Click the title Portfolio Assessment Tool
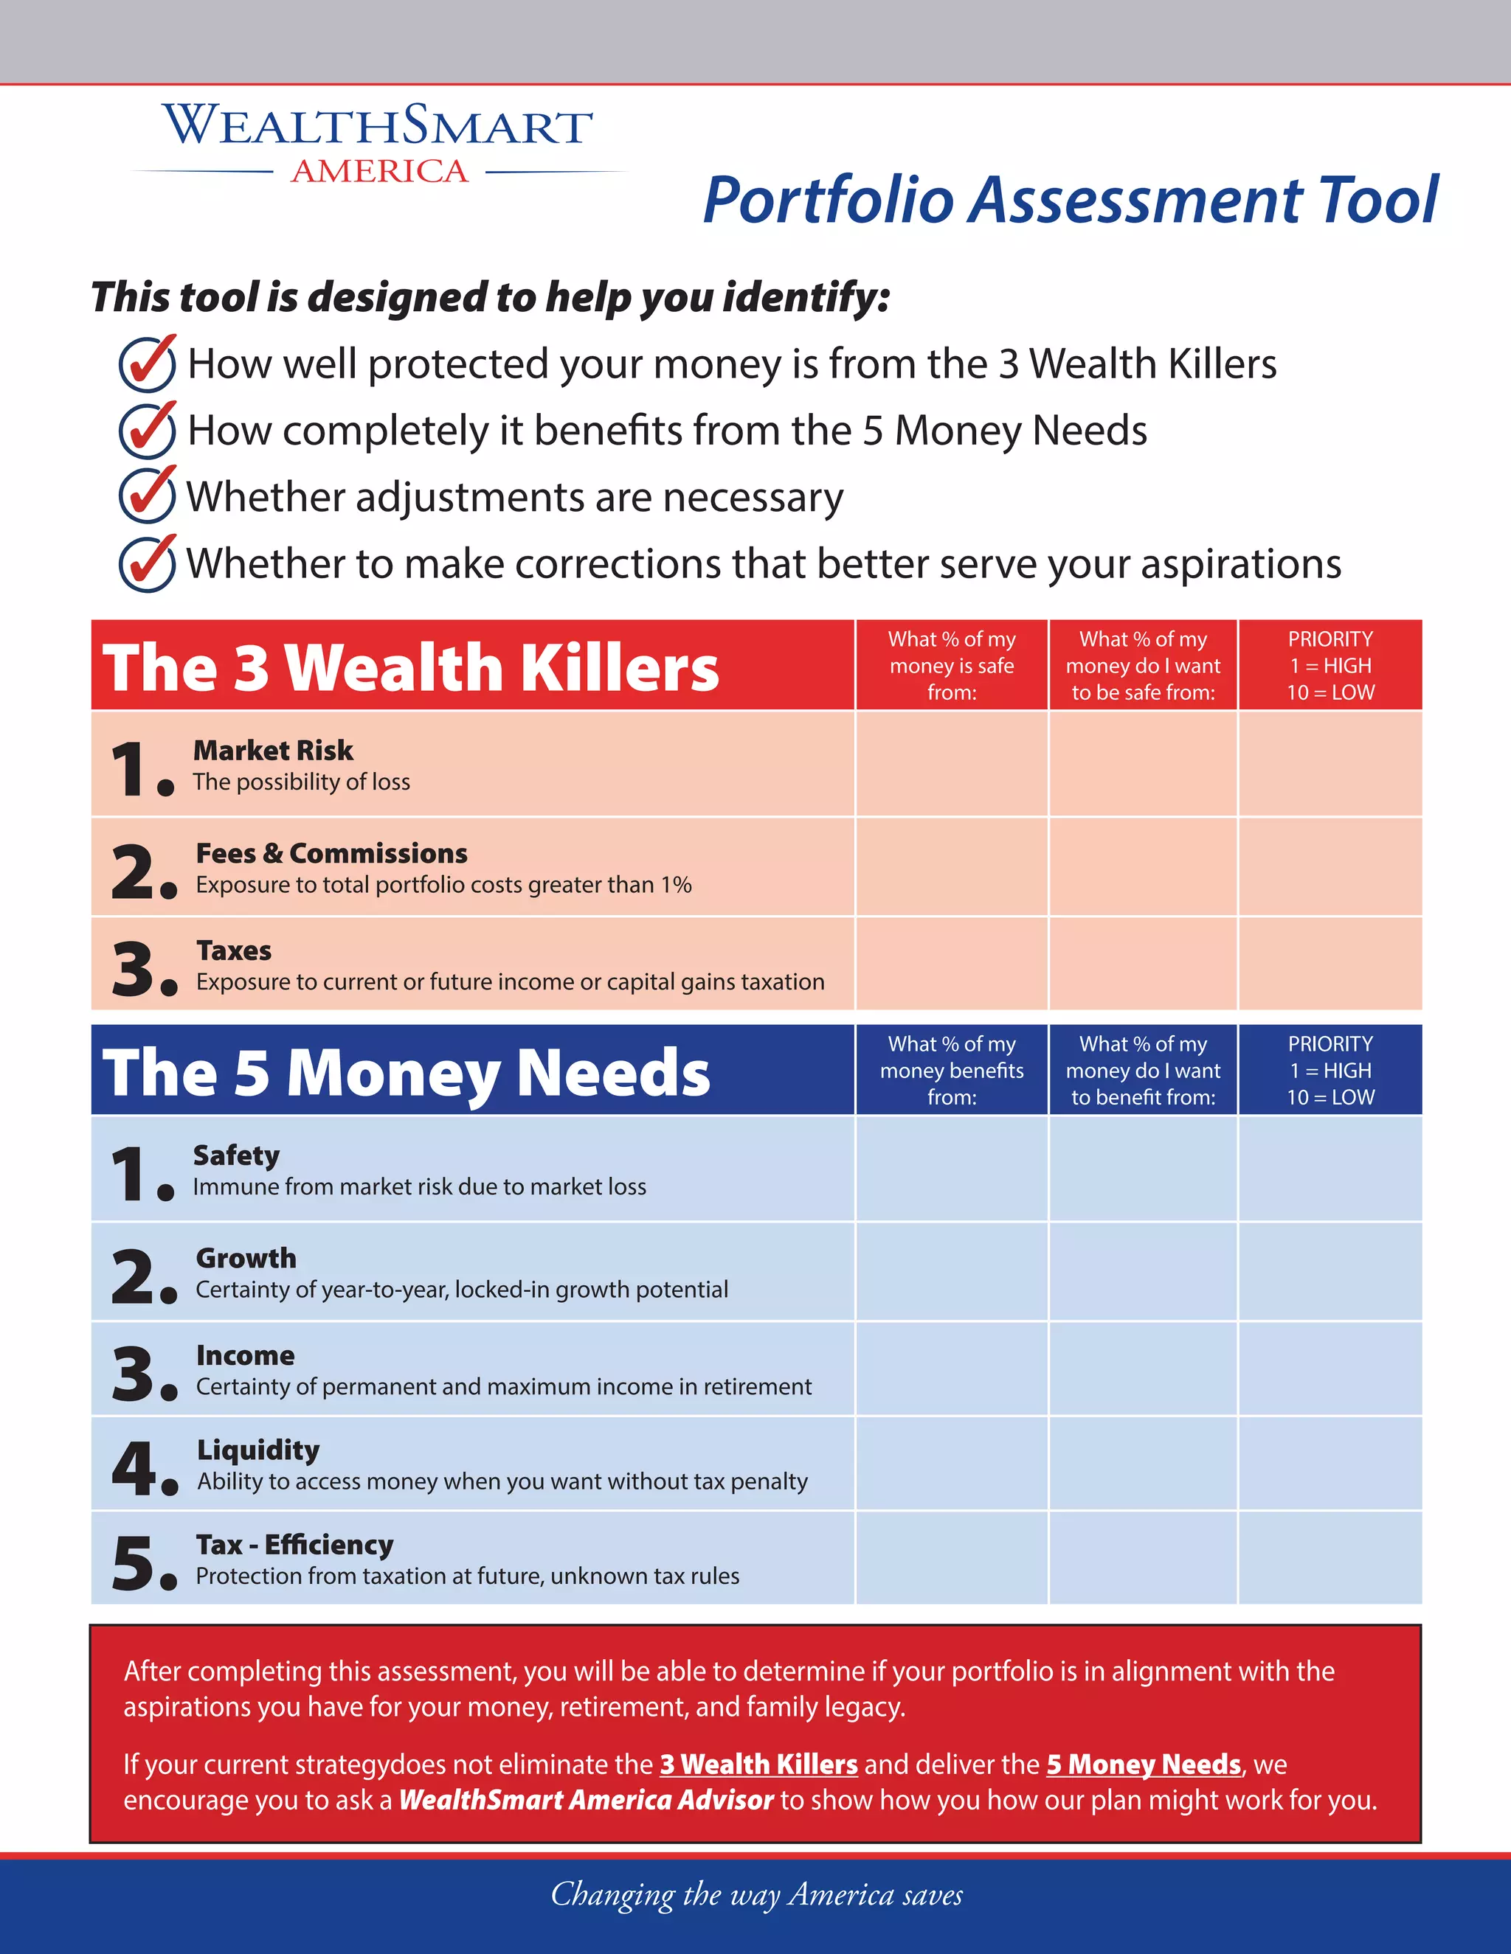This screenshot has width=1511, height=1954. pos(1070,200)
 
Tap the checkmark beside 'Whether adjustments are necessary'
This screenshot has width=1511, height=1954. pos(147,495)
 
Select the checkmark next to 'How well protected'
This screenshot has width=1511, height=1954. pos(147,364)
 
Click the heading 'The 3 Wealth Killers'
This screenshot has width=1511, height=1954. pos(410,667)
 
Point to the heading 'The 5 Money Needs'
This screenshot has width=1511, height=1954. pos(407,1072)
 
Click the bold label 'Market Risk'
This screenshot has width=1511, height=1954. pos(273,750)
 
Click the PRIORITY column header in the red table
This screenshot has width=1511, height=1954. pos(1330,665)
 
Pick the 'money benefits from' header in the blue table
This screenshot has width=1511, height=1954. pos(952,1070)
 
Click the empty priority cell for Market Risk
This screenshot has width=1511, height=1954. pos(1330,764)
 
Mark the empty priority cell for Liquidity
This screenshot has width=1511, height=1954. pos(1330,1464)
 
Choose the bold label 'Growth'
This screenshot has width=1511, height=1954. pos(246,1258)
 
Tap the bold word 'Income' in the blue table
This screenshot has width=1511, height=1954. pos(245,1355)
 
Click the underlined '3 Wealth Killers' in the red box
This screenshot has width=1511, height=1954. pos(758,1764)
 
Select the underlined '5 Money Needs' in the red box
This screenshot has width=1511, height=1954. pos(1143,1764)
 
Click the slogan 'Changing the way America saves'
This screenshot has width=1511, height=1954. pos(756,1894)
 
